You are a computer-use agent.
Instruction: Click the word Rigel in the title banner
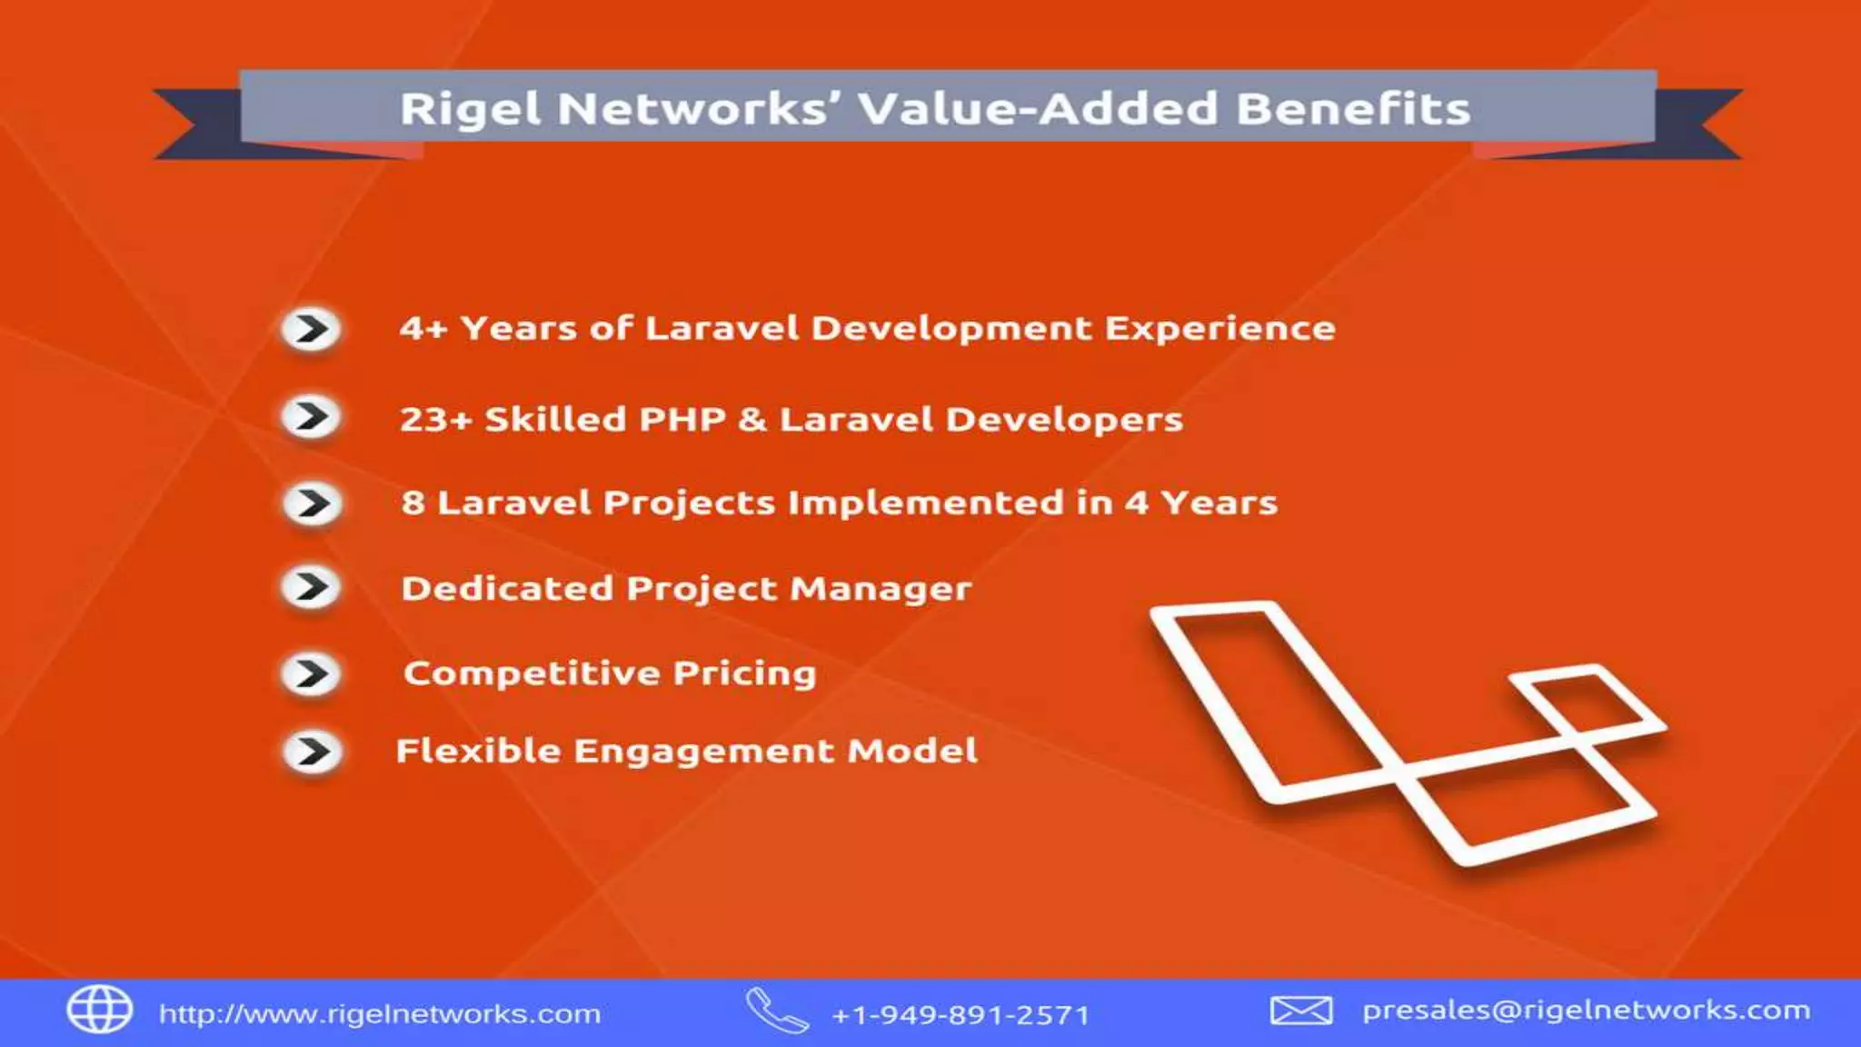[470, 109]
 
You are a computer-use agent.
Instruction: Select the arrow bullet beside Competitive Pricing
[311, 674]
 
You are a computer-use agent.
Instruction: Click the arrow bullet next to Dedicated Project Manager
[311, 587]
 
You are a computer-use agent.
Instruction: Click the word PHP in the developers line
[682, 420]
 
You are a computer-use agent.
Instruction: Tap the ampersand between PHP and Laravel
[751, 420]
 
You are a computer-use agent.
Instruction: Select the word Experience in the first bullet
[1219, 329]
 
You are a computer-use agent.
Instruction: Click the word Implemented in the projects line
[925, 504]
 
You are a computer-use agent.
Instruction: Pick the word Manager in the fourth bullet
[881, 589]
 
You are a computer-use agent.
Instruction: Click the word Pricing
[744, 673]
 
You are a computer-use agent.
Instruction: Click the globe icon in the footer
[100, 1010]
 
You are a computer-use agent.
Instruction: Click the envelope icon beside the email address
[1300, 1010]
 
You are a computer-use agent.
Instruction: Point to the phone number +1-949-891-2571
[960, 1014]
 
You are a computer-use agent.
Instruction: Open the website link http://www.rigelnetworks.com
[380, 1013]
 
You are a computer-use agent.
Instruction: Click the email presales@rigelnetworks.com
[1586, 1011]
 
